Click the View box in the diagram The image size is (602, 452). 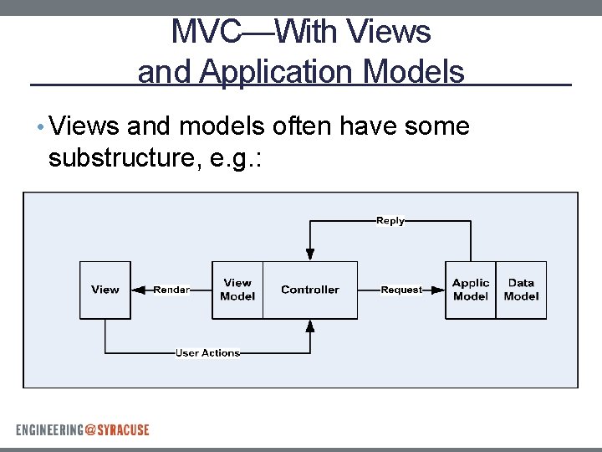(x=105, y=290)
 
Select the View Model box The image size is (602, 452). (x=237, y=290)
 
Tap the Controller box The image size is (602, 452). (x=310, y=290)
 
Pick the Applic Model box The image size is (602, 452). (x=470, y=290)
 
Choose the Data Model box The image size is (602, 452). (x=521, y=290)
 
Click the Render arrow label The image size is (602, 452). (x=171, y=290)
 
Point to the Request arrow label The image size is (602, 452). (x=401, y=290)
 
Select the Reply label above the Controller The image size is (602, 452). (x=390, y=221)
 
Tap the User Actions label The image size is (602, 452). (x=207, y=353)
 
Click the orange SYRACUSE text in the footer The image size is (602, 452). (x=123, y=430)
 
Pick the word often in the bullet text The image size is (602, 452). (x=297, y=126)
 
